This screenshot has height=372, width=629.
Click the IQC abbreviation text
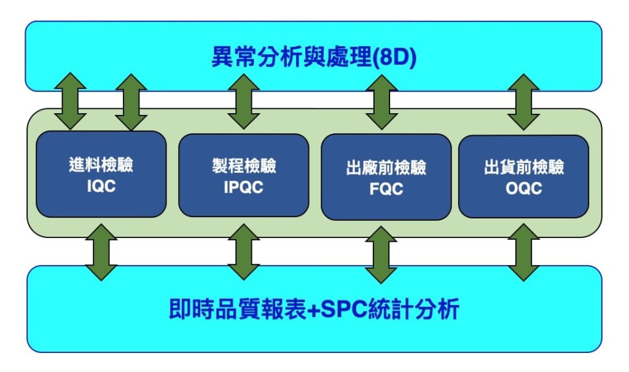click(101, 186)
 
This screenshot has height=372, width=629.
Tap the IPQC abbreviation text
click(243, 187)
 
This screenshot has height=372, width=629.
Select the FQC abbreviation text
click(386, 189)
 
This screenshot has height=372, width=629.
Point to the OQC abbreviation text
click(524, 188)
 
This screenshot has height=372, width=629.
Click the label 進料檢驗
click(101, 165)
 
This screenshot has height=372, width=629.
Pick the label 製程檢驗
click(244, 166)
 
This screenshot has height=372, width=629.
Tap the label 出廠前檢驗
click(386, 167)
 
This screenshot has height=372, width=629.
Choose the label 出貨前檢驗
click(524, 167)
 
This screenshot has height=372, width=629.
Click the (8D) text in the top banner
click(394, 57)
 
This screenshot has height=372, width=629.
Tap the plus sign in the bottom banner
click(313, 310)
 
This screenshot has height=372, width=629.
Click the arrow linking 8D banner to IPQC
click(243, 101)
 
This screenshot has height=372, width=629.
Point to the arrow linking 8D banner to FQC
click(381, 102)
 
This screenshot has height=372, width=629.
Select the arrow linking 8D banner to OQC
click(523, 102)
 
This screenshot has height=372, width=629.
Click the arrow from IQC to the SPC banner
click(101, 252)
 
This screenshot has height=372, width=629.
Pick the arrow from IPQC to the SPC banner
click(243, 252)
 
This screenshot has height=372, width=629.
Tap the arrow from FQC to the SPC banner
click(381, 255)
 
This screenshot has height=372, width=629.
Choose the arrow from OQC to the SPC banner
click(523, 252)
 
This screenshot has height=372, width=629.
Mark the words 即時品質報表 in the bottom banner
click(238, 309)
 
